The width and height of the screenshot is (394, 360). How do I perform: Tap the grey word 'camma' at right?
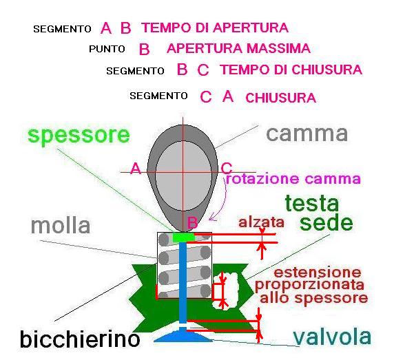coord(307,134)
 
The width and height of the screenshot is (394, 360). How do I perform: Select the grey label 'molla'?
coord(61,226)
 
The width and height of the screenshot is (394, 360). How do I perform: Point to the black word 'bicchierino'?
coord(80,339)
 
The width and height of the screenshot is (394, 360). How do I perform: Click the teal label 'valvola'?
coord(332,337)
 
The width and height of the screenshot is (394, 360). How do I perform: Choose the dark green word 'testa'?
coord(312,203)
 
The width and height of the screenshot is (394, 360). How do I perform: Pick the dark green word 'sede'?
coord(326,222)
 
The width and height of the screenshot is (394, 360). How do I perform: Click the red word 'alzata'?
coord(261,222)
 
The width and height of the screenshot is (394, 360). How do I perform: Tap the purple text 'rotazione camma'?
coord(293,179)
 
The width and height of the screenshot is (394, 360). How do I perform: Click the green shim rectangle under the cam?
coord(184,237)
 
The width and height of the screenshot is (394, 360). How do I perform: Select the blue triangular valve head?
coord(183,337)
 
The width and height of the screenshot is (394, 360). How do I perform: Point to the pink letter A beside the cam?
coord(136,168)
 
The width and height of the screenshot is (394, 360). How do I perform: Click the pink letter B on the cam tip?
coord(192,223)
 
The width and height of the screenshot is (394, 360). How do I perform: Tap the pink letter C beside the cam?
coord(227,168)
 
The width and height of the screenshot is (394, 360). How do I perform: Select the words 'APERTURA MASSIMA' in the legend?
coord(239,48)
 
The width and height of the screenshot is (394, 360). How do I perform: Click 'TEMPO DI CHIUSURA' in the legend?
coord(291,70)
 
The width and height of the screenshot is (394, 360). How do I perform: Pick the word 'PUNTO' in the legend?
coord(107,49)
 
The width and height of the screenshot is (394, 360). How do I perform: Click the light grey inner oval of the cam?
coord(183,176)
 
